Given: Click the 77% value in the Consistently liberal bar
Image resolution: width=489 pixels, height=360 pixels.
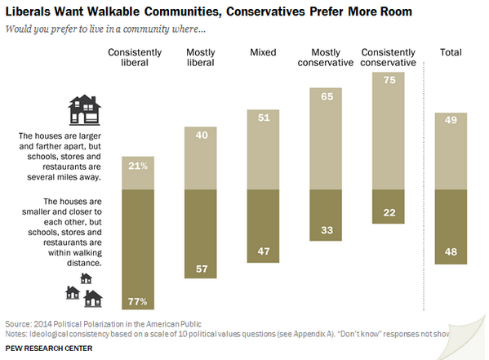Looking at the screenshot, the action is point(137,302).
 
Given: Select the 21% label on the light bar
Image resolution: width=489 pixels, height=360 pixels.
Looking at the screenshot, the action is point(138,166).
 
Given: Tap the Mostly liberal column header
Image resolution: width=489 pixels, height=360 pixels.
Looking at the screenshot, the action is point(201,57).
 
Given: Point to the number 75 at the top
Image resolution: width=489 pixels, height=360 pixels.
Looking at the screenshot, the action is point(389,80).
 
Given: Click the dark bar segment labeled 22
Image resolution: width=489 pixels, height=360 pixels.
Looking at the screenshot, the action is point(389,207).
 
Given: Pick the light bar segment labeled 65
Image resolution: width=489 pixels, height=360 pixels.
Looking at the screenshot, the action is point(326,139).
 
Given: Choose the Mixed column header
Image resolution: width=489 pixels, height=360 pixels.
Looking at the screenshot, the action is point(263,52).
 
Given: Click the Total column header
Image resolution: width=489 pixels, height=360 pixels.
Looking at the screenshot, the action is point(451,52).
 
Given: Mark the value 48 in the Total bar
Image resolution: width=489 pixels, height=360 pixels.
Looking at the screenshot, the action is point(451,251).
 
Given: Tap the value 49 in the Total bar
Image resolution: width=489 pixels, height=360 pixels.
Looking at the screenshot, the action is point(451,120).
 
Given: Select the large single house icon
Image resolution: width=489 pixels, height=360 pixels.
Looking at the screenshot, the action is point(84,110).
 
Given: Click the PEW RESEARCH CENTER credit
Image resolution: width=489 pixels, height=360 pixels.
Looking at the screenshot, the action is point(49,349).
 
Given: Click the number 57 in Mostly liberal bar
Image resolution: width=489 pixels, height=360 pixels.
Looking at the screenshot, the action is point(202,269).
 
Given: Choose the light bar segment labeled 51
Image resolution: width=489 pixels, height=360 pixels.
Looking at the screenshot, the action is point(263,149).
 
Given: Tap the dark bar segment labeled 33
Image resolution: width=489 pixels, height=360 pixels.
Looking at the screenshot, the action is point(326,215).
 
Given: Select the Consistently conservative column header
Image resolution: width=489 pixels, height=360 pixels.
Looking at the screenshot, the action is point(388,57).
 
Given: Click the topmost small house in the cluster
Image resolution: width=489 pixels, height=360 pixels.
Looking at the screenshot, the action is point(86,278).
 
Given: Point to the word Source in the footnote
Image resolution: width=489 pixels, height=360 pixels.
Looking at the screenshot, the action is point(18,324).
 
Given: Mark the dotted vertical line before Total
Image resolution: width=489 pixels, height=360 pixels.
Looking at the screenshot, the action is point(424,186).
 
